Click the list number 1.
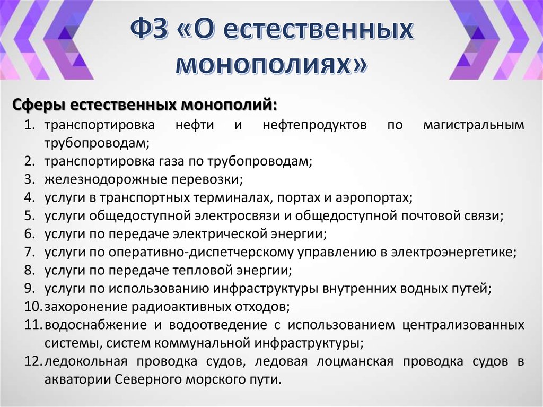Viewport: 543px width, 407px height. (x=29, y=125)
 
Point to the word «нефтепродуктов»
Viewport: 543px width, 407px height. (x=307, y=125)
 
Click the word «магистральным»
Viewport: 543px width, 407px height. (x=474, y=125)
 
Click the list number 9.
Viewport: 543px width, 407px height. (x=29, y=289)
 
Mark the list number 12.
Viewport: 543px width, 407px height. (x=32, y=361)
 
